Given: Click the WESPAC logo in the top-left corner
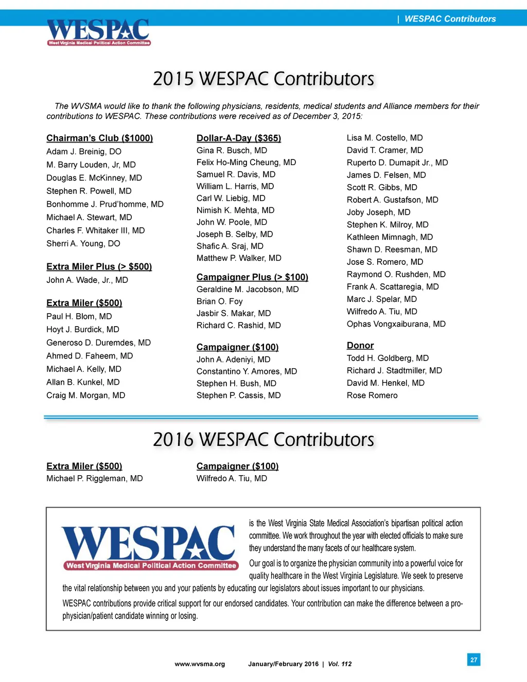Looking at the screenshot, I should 98,32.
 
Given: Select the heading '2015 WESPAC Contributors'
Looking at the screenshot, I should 263,79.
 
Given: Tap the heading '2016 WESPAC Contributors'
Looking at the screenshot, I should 263,440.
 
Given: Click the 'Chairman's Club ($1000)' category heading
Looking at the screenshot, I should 99,138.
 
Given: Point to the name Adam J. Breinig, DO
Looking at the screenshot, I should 84,152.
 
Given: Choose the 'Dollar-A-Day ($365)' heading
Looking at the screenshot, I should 239,138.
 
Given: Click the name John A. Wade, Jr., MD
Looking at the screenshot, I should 87,280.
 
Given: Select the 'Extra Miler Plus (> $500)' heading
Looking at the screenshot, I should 99,266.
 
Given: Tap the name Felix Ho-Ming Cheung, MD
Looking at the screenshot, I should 246,163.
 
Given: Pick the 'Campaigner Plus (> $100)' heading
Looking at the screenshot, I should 252,277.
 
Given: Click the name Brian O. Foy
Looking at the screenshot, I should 219,301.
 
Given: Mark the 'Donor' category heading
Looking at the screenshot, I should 360,346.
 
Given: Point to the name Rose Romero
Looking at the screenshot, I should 372,396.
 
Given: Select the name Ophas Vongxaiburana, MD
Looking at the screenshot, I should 396,324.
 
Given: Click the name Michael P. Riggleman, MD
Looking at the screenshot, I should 94,479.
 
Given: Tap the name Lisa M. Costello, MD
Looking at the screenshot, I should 384,138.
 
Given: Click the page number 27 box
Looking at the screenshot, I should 473,659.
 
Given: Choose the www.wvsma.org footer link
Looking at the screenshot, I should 200,664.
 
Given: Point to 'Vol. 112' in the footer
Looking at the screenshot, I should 340,664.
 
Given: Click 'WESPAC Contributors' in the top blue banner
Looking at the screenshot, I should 450,19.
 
